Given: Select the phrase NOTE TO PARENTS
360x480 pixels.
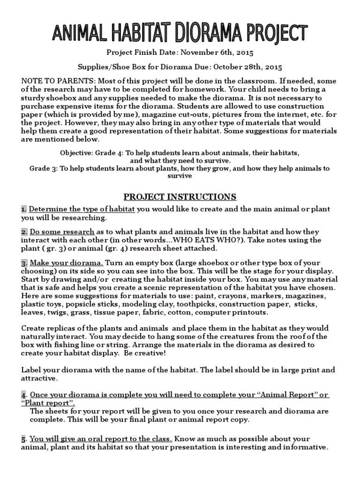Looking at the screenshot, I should [52, 81].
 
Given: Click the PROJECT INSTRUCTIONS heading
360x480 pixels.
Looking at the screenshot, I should [180, 196].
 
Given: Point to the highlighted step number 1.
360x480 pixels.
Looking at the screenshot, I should [23, 210].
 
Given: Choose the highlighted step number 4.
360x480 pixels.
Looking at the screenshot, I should [23, 395].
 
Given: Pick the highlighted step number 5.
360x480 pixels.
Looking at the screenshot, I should [23, 439].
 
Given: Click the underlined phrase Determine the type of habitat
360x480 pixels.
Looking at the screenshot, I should [82, 210].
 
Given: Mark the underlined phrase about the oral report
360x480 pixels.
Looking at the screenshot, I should [101, 439].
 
